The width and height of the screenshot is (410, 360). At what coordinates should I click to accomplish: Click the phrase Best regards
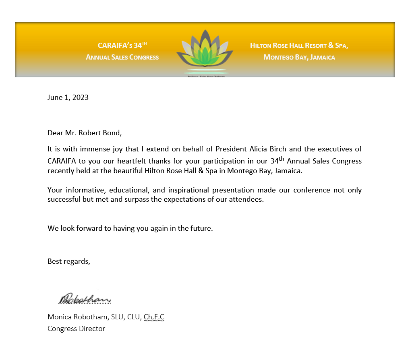[x=69, y=261]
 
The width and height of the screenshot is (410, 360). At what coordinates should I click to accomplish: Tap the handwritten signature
[x=85, y=299]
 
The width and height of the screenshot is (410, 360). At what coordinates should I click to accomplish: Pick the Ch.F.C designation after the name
[x=154, y=317]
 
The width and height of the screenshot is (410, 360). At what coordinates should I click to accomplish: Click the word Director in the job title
[x=91, y=329]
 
